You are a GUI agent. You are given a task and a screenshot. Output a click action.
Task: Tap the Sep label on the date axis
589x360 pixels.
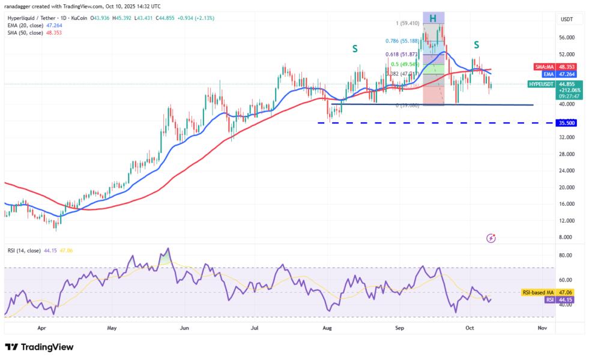point(399,328)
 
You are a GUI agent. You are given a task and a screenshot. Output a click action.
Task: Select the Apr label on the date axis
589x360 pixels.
point(41,328)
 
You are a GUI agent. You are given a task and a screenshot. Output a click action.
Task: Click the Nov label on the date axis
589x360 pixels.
point(542,328)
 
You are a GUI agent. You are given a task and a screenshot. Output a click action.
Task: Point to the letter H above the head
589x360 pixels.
point(432,17)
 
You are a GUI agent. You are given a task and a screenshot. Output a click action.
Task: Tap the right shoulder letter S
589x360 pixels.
point(476,44)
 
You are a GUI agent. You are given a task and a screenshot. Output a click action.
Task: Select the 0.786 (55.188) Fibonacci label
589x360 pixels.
point(403,41)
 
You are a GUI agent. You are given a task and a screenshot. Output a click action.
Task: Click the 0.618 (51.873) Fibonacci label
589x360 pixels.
point(403,54)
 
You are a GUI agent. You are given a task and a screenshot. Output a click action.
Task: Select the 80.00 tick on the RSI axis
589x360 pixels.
point(565,255)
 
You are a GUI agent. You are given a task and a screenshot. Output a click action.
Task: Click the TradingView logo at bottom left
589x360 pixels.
point(39,347)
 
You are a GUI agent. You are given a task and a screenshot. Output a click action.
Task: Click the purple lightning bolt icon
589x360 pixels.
point(491,238)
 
